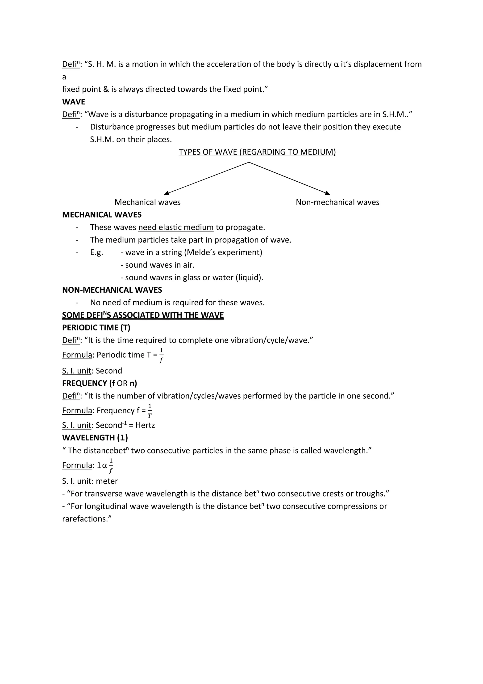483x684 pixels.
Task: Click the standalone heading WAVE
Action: pos(73,102)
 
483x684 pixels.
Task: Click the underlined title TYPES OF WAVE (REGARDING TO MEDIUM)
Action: pos(257,152)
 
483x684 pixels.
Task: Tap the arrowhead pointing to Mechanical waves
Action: pos(167,193)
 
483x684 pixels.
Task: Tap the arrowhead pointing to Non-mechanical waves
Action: pos(327,193)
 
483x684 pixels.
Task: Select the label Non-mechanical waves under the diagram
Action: pos(337,202)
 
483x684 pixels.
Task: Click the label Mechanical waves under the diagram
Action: pos(147,202)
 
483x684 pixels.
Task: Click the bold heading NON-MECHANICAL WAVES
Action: pos(112,290)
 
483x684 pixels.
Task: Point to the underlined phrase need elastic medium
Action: pos(176,227)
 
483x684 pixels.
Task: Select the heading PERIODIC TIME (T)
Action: pos(96,328)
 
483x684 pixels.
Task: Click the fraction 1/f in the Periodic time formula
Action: pos(161,355)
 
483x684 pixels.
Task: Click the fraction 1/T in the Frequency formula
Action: pos(150,411)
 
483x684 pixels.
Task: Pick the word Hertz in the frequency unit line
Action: pos(145,425)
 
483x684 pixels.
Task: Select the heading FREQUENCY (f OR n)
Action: pos(99,383)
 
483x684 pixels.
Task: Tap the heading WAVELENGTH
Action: pos(95,438)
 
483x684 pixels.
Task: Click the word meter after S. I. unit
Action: pos(107,481)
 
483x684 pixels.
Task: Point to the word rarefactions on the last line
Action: pos(84,519)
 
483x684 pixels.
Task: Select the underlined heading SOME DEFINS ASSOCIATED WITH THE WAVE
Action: pos(143,315)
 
